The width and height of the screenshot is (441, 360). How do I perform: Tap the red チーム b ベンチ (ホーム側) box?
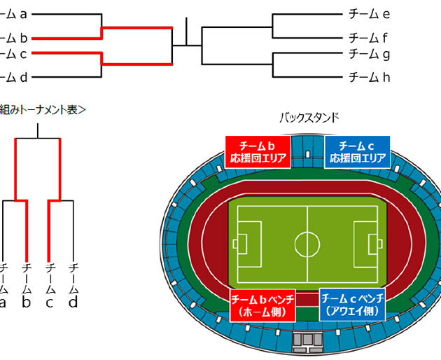click(x=262, y=304)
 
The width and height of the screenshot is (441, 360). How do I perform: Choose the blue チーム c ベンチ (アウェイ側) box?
click(x=352, y=304)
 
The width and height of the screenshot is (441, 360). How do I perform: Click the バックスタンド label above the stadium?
click(x=309, y=117)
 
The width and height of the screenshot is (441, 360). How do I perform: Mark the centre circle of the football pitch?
click(x=307, y=244)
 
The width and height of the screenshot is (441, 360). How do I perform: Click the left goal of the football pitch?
click(x=235, y=244)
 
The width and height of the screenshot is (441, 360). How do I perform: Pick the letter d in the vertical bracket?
click(x=73, y=303)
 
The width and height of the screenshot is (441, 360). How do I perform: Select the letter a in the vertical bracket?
click(x=3, y=303)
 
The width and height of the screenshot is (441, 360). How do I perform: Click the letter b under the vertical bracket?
click(x=26, y=303)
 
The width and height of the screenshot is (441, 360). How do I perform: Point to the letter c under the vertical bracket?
click(x=49, y=303)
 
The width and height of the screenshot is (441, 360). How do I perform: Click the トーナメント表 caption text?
click(x=45, y=109)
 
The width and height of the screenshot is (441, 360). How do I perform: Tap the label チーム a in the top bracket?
click(x=14, y=13)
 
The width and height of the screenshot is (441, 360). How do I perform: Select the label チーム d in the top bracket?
click(x=14, y=77)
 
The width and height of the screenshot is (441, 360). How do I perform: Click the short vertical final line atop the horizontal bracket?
click(x=187, y=32)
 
